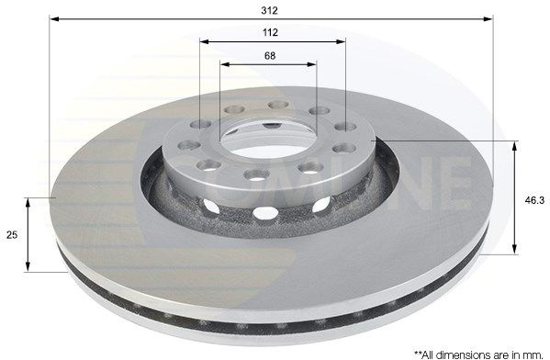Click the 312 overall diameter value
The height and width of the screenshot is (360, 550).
pyautogui.click(x=269, y=11)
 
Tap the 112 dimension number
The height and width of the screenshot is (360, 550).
pyautogui.click(x=270, y=33)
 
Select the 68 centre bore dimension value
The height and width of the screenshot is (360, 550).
pyautogui.click(x=270, y=56)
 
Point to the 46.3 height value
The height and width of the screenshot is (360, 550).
pyautogui.click(x=534, y=200)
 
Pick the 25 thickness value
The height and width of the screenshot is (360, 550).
pyautogui.click(x=12, y=235)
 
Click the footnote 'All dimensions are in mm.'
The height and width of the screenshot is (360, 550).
pyautogui.click(x=478, y=354)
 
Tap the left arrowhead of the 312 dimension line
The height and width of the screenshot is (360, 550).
pyautogui.click(x=53, y=18)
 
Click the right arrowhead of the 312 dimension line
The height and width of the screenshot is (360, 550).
pyautogui.click(x=488, y=18)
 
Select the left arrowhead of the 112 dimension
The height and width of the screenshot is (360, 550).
pyautogui.click(x=205, y=41)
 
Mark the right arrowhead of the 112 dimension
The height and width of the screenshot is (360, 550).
pyautogui.click(x=341, y=41)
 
